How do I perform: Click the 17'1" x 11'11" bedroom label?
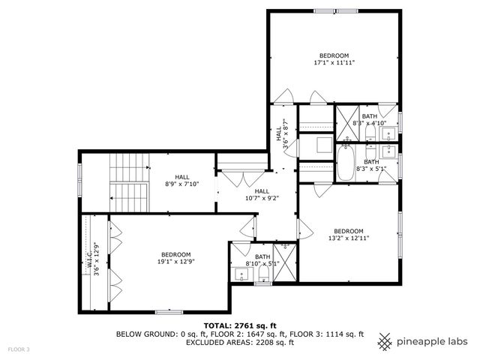(334, 60)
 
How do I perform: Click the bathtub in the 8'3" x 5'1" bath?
(346, 164)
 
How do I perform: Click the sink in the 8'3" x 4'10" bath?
(388, 134)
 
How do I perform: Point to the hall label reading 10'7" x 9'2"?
(262, 195)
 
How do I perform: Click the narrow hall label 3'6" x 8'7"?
(281, 134)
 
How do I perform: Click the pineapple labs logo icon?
(385, 340)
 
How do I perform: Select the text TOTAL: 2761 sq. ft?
(240, 325)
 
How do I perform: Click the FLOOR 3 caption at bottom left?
(19, 349)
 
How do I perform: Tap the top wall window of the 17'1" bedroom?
(325, 10)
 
